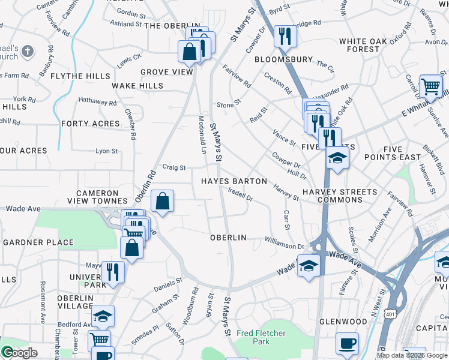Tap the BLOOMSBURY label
pos(283,60)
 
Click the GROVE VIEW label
pos(167,72)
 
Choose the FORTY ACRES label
pos(91,124)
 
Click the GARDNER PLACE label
pos(38,243)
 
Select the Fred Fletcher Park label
pos(261,337)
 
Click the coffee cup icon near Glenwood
pos(348,343)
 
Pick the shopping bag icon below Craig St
pos(162,202)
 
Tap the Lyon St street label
pos(107,151)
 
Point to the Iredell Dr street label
pos(241,194)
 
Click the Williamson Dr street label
pos(285,243)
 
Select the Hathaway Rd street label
pos(97,103)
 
